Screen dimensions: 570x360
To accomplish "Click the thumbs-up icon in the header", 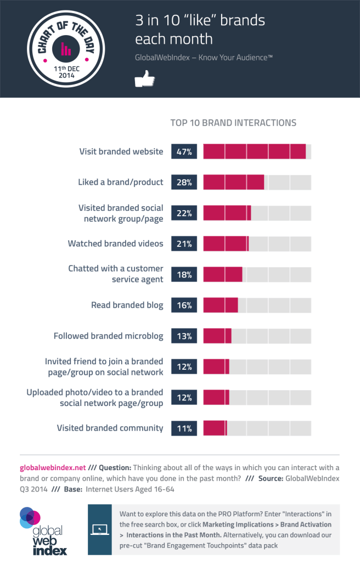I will [145, 81].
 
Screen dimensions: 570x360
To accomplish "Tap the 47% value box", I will [184, 151].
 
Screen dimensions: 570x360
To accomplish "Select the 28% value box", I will [184, 182].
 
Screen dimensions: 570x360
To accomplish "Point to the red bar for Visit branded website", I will [254, 151].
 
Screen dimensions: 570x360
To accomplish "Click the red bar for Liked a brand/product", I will [233, 182].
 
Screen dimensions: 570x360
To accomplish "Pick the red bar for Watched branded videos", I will [226, 244].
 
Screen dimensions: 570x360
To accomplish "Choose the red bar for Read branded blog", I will [221, 305].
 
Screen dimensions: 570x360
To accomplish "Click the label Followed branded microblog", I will [108, 336].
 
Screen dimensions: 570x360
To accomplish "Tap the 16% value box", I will [184, 305].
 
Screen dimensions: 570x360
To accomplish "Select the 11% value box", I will [184, 428].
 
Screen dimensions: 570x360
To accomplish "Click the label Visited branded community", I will [110, 428].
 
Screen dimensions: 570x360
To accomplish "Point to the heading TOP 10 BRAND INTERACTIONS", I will [234, 122].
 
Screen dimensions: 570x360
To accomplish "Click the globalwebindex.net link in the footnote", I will [53, 468].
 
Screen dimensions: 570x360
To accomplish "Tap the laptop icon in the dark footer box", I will [100, 529].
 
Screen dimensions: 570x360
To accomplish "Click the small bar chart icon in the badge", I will [66, 49].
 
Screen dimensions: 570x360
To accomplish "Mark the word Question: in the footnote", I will [115, 468].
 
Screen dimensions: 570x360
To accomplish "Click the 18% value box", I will [184, 274].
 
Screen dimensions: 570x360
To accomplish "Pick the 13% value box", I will [184, 336].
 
